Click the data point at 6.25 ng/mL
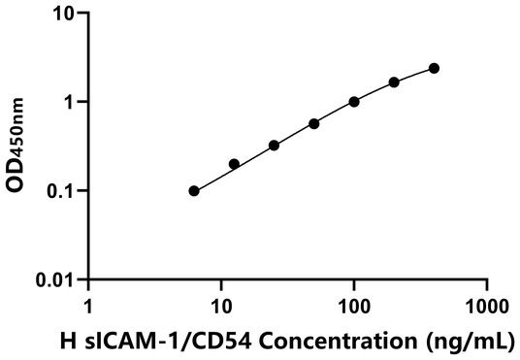tap(194, 191)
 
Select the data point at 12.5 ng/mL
tap(234, 164)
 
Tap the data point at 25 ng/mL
tap(275, 146)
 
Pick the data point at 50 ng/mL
tap(314, 124)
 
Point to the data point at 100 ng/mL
tap(354, 102)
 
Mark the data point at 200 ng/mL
tap(394, 82)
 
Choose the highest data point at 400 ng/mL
tap(434, 68)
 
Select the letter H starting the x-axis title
tap(67, 341)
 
